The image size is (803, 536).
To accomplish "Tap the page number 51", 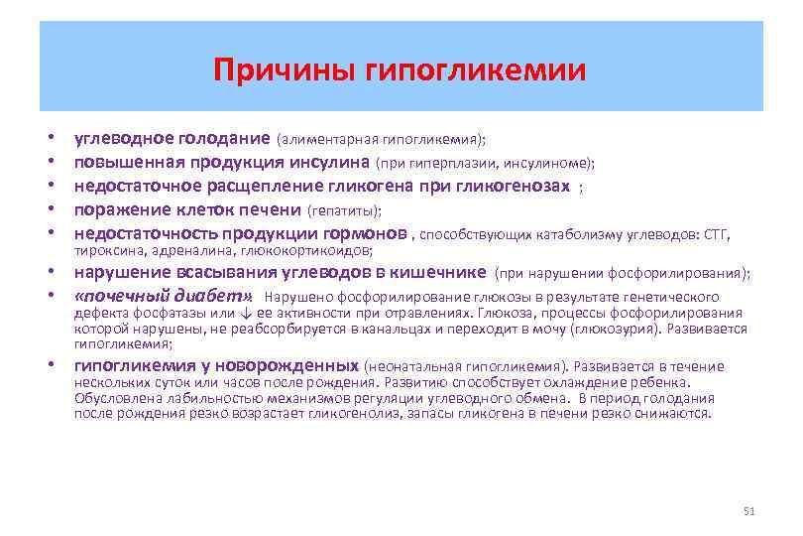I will pos(748,510).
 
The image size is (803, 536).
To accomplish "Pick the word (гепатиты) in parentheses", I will pos(344,210).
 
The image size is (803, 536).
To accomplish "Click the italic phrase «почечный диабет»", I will pos(164,296).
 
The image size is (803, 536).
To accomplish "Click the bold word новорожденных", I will pos(289,365).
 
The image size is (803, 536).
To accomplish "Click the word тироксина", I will pos(104,252).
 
